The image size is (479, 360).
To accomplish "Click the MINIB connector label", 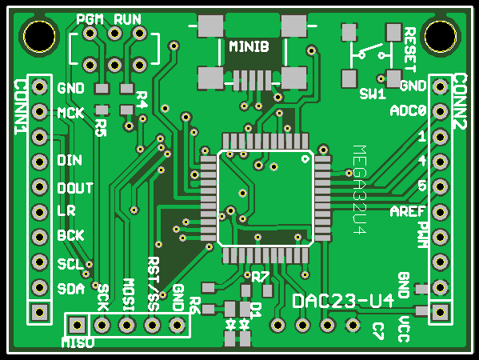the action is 249,46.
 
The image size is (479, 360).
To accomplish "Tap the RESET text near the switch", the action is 410,50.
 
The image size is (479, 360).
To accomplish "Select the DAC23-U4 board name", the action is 343,301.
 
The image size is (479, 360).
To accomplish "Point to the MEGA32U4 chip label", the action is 360,190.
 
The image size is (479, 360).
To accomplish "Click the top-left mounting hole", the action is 39,37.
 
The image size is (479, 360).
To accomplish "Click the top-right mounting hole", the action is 440,37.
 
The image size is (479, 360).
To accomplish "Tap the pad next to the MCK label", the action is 39,111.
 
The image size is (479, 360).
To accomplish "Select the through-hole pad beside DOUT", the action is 39,186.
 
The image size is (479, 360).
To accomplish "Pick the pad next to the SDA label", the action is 39,287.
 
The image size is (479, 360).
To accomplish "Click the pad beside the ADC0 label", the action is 440,111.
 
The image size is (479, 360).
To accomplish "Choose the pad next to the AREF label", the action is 440,212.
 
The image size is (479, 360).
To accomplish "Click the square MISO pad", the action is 77,325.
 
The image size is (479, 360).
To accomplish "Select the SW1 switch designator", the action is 373,94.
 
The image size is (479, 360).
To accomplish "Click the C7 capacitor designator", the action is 378,331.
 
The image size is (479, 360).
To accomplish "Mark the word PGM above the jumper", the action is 90,19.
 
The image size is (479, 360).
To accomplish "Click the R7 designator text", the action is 260,277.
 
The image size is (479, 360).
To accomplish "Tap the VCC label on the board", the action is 404,329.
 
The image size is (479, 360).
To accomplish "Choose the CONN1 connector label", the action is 21,107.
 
